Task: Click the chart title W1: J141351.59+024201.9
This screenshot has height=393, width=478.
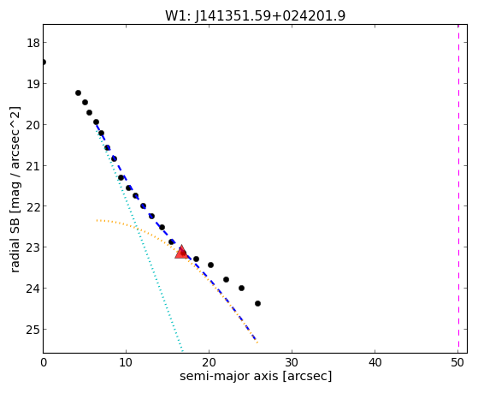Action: (255, 15)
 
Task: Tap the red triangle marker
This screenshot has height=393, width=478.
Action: (181, 253)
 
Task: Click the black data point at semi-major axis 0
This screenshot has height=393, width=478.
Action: (44, 62)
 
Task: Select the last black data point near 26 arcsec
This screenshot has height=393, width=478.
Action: (257, 303)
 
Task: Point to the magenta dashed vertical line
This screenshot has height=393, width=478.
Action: (458, 188)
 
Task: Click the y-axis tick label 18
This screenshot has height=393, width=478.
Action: (33, 43)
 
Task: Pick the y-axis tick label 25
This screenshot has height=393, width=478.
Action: (33, 329)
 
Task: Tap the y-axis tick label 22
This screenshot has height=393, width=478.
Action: (33, 206)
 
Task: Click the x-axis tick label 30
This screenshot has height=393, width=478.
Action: (292, 362)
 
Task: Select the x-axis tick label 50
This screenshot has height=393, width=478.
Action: (457, 362)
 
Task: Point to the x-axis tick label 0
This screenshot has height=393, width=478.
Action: (44, 362)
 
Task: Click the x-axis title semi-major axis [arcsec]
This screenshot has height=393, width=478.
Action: (256, 376)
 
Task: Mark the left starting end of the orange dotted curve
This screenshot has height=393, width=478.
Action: (97, 220)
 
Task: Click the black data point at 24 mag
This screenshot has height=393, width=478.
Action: (241, 288)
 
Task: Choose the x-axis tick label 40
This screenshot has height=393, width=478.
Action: (375, 362)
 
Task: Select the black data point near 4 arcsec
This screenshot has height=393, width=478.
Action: (78, 92)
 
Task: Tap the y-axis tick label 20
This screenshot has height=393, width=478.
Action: (33, 125)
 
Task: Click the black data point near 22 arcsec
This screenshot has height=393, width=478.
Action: (226, 279)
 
